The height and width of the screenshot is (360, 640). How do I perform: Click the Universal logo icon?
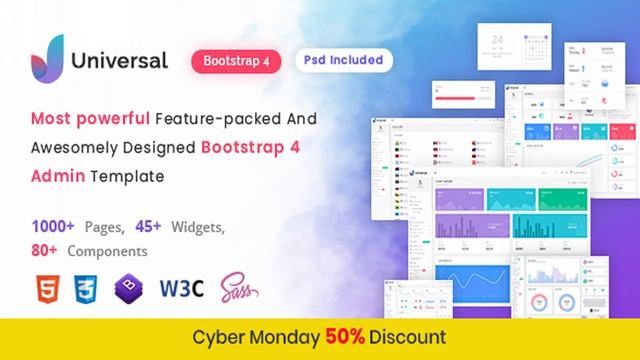coord(44,59)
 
